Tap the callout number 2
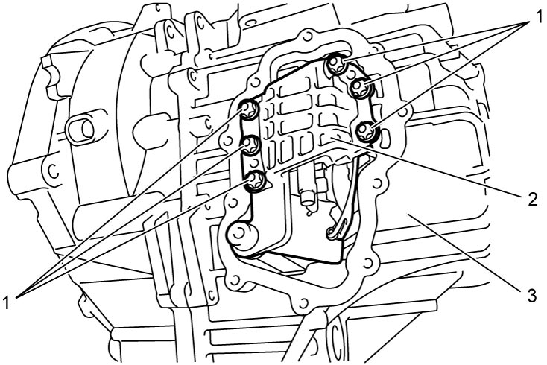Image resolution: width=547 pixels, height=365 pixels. point(532,200)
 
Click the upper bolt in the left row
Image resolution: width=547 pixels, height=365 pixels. point(248,110)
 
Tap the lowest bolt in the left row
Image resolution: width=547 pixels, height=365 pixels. point(256,180)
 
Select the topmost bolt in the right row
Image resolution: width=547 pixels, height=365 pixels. point(336,64)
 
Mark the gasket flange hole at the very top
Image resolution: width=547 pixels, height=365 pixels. point(306,36)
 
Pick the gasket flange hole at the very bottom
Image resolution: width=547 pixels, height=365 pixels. point(303,301)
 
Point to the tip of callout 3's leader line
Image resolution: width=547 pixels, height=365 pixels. point(410,216)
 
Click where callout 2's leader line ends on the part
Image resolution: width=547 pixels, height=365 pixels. point(331,139)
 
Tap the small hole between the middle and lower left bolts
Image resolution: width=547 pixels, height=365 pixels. point(255,162)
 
